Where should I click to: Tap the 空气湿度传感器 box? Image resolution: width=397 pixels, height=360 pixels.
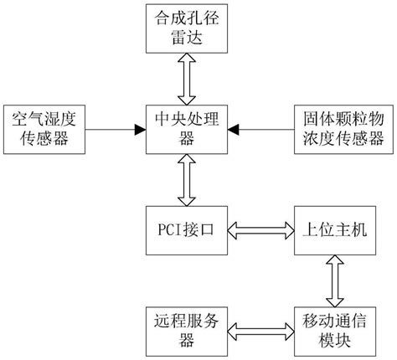pos(45,128)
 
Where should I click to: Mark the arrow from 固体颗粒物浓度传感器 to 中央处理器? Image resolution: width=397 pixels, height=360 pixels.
pos(262,129)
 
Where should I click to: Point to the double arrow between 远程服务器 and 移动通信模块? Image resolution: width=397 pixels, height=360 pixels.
pos(257,328)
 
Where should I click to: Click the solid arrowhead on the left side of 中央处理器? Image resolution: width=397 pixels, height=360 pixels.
pos(139,129)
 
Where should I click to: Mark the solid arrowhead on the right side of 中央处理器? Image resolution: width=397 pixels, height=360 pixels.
pos(235,129)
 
